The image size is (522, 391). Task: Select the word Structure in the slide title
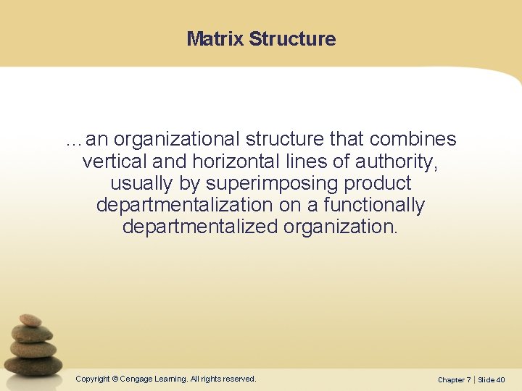coord(292,39)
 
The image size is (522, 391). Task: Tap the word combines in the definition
coord(413,139)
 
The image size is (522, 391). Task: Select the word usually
coord(142,183)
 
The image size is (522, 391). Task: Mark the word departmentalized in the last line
coord(200,227)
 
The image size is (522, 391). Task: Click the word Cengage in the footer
coord(137,379)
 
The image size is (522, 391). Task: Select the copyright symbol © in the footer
coord(115,379)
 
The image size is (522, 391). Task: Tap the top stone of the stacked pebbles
coord(30,319)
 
